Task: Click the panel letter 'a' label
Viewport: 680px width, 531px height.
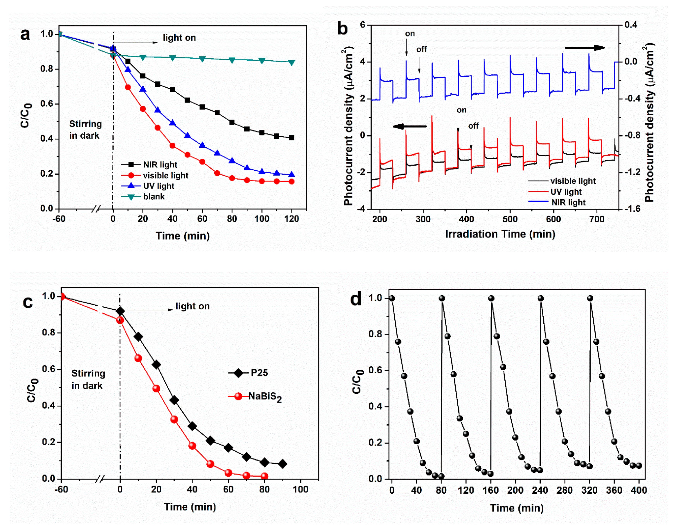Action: click(x=25, y=34)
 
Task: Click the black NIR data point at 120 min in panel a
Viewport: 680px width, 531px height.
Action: click(x=292, y=138)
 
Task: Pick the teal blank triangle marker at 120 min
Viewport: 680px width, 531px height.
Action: click(x=292, y=62)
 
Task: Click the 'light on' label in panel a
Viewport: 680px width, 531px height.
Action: click(x=179, y=38)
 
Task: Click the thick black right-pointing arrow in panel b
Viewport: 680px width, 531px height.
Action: click(x=584, y=48)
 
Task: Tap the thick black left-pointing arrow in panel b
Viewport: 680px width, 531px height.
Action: click(x=410, y=126)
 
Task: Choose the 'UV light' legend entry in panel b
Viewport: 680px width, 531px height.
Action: click(x=566, y=192)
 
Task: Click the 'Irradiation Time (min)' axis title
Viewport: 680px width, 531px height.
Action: click(x=500, y=234)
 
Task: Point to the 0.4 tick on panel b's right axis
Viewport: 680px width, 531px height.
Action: click(x=630, y=25)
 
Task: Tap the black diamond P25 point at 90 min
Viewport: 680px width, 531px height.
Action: click(x=282, y=464)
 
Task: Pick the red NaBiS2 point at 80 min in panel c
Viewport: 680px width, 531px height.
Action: click(x=264, y=476)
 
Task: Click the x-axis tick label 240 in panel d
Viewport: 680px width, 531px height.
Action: click(x=540, y=491)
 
